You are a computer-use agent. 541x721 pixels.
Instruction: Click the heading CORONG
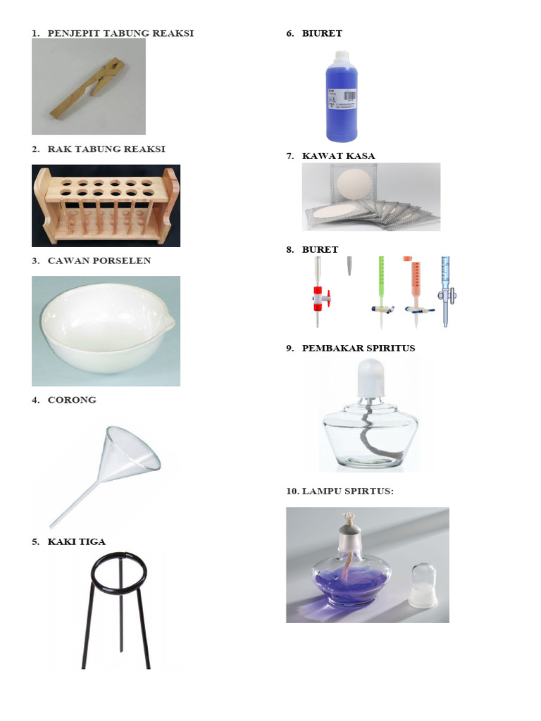[72, 400]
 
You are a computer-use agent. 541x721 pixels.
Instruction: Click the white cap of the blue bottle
[342, 56]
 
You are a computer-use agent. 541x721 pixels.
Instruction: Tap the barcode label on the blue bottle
[347, 98]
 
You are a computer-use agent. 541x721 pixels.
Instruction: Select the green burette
[381, 282]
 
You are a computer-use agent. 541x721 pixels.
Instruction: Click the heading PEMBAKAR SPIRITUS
[358, 348]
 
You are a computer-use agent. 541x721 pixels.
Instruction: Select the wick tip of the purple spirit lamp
[345, 519]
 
